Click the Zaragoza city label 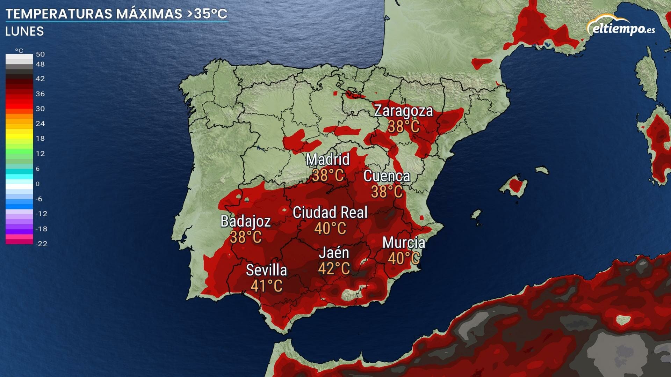[x=403, y=111]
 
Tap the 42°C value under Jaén [x=334, y=268]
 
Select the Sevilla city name [x=266, y=270]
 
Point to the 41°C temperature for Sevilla [x=266, y=286]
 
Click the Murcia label [x=404, y=243]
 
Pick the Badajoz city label [x=246, y=221]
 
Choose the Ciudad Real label [x=330, y=213]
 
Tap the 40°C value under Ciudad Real [x=330, y=229]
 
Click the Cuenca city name [x=387, y=176]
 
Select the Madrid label [x=327, y=160]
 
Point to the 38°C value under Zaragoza [x=403, y=126]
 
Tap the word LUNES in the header [x=24, y=31]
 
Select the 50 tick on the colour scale [x=40, y=54]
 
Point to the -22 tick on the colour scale [x=41, y=244]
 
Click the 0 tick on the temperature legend [x=37, y=184]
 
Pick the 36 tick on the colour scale [x=40, y=94]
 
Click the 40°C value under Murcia [x=404, y=258]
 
